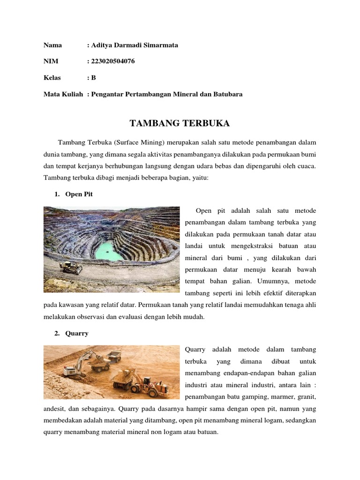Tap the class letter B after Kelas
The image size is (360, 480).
[x=93, y=77]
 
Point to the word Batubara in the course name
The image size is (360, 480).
[x=228, y=94]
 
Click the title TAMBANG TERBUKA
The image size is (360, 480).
[x=180, y=123]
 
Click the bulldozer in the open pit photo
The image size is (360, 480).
[x=71, y=267]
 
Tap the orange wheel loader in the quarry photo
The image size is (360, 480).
[x=150, y=384]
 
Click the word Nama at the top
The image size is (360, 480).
[x=52, y=45]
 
